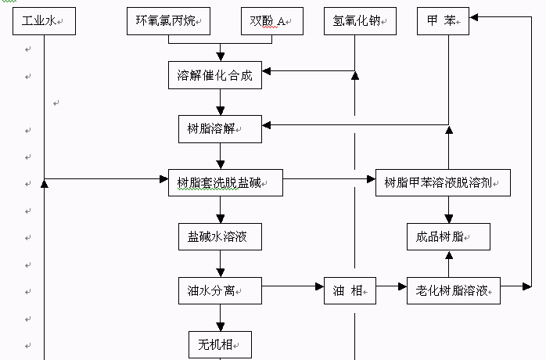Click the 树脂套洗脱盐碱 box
click(x=225, y=184)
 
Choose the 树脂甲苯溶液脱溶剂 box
click(x=444, y=183)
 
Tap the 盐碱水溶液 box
click(x=219, y=236)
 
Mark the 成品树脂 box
click(x=448, y=236)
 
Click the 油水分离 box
click(x=220, y=291)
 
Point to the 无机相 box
click(x=220, y=344)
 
